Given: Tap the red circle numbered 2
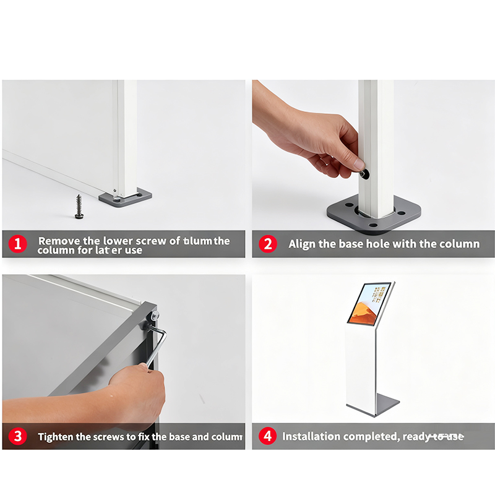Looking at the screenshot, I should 267,244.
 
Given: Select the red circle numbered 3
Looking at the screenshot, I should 17,436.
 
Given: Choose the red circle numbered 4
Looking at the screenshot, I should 267,436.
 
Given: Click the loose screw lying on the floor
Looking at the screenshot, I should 79,205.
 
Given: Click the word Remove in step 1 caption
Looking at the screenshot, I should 56,241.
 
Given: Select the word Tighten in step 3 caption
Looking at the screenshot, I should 56,436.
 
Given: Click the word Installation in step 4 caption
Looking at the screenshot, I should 311,436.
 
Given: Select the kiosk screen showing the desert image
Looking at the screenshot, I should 369,303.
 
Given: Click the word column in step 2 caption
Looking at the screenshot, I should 460,244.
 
